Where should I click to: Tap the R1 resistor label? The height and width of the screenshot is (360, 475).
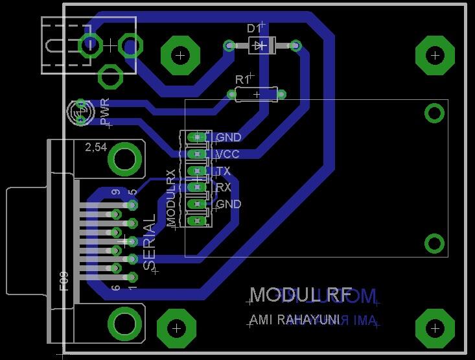pos(242,78)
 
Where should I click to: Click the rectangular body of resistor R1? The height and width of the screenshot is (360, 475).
pos(256,95)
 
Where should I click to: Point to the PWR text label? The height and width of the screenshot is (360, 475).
pos(105,112)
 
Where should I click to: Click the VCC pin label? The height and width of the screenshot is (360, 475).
pos(227,154)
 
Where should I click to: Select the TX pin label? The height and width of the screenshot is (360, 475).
pos(223,171)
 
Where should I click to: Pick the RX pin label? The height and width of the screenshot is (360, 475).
pos(224,187)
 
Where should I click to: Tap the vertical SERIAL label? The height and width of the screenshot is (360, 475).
pos(149,242)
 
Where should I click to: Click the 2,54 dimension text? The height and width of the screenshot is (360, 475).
pos(97,147)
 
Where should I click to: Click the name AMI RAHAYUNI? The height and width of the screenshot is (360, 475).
pos(295,320)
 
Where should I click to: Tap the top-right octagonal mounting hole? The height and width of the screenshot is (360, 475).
pos(434,56)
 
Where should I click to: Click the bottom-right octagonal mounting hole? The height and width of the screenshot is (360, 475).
pos(434,330)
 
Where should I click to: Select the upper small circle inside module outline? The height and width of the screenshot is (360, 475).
pos(434,114)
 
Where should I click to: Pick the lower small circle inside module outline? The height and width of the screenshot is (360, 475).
pos(434,243)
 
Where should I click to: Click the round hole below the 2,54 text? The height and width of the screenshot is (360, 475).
pos(125,159)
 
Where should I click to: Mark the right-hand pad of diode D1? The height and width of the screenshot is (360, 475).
pos(295,45)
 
